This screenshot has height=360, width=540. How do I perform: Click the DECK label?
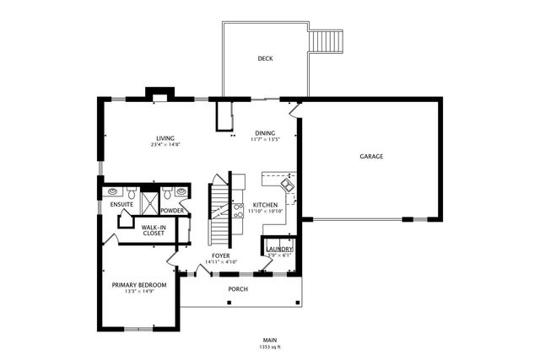tap(265, 58)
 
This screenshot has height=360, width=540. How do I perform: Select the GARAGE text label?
tap(371, 157)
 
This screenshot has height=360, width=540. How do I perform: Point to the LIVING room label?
tap(165, 138)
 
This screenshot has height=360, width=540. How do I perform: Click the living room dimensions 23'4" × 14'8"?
tap(165, 145)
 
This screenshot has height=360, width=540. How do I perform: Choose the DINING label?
tap(265, 133)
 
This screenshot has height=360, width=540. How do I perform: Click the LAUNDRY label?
tap(279, 249)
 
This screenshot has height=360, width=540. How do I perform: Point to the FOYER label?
tap(221, 255)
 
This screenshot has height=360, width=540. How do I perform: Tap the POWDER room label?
tap(172, 211)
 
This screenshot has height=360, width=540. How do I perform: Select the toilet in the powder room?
tap(169, 193)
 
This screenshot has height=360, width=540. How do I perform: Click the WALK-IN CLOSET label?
tap(153, 229)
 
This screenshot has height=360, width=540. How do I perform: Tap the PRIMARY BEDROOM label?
tap(139, 285)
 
